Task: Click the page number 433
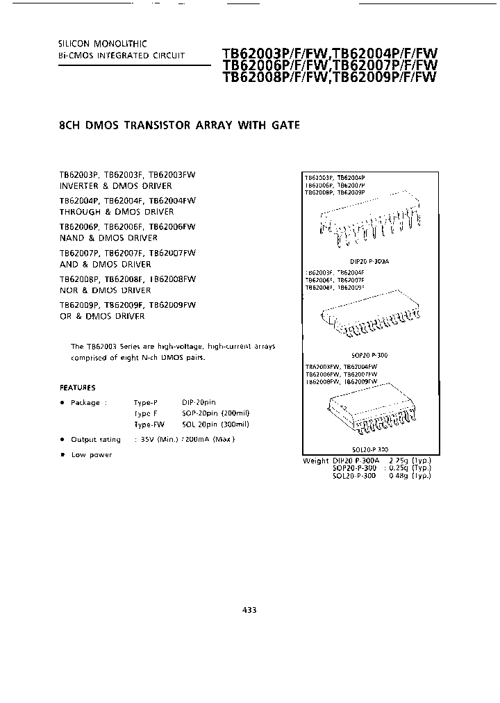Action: click(x=250, y=610)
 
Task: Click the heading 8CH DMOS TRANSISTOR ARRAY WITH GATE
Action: click(x=180, y=126)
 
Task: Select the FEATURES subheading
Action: click(x=78, y=388)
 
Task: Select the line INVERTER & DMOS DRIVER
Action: click(x=116, y=186)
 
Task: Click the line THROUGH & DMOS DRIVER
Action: click(x=117, y=212)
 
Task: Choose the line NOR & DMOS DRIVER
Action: click(x=105, y=290)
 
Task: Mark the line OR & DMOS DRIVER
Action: click(x=102, y=316)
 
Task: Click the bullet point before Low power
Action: click(x=62, y=454)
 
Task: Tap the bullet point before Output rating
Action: click(x=62, y=439)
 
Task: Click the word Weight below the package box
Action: click(x=316, y=461)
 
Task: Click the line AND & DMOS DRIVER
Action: click(x=105, y=264)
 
